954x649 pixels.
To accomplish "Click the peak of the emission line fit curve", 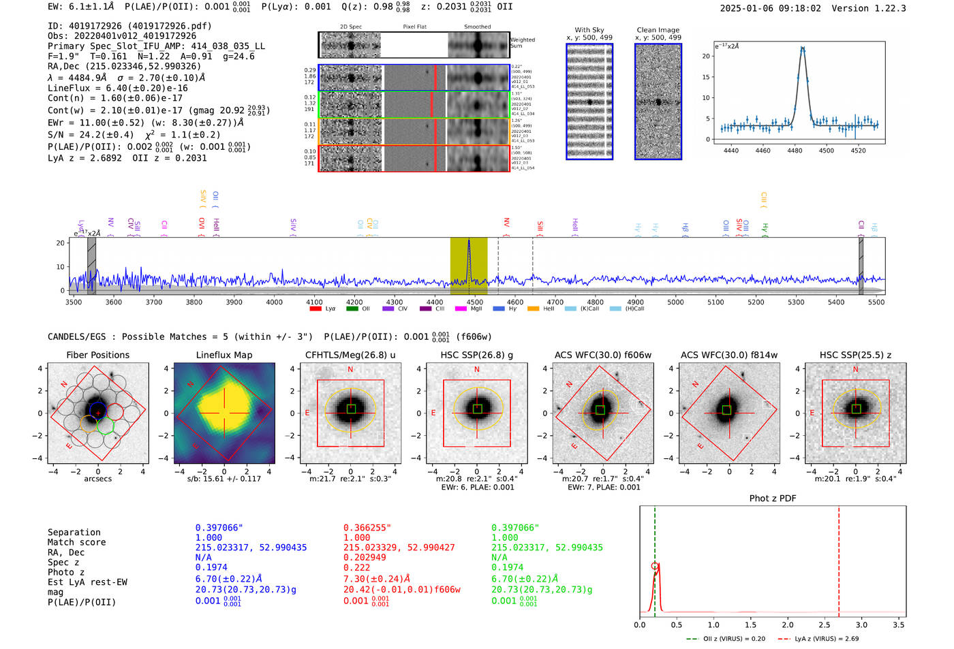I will [803, 48].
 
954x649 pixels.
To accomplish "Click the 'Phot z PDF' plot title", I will [773, 498].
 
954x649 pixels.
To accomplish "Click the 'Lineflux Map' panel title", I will [224, 355].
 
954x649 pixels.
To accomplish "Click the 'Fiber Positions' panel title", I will [97, 355].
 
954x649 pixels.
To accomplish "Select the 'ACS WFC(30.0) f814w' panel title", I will [729, 355].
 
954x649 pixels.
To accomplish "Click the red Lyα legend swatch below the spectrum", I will [316, 309].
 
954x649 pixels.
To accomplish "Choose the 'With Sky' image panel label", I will [589, 30].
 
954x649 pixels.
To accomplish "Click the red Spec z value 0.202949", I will [365, 557].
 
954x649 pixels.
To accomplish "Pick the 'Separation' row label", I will [74, 533].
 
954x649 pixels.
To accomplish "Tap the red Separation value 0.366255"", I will [366, 528].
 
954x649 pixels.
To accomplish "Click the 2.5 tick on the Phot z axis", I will [825, 624].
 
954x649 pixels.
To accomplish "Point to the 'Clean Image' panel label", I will [658, 30].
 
